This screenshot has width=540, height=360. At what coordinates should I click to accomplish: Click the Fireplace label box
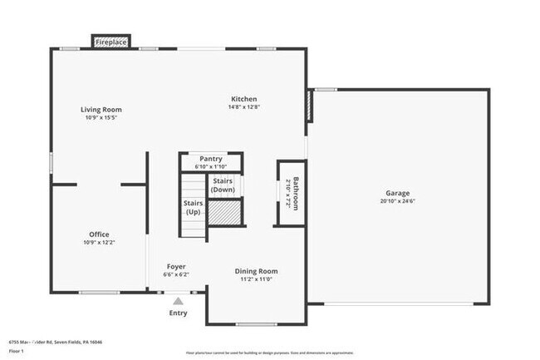pyautogui.click(x=110, y=42)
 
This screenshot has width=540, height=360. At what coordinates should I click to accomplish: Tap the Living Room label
pyautogui.click(x=101, y=110)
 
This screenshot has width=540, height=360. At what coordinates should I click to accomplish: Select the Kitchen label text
pyautogui.click(x=243, y=99)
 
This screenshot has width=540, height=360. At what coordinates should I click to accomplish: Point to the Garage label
pyautogui.click(x=397, y=193)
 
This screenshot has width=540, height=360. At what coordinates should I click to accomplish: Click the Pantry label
pyautogui.click(x=211, y=159)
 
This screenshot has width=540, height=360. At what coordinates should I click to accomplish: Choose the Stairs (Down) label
pyautogui.click(x=222, y=185)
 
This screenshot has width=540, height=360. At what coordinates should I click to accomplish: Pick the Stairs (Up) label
pyautogui.click(x=192, y=208)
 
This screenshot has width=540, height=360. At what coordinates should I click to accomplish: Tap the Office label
pyautogui.click(x=100, y=234)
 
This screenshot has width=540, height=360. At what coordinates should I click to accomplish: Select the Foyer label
pyautogui.click(x=175, y=266)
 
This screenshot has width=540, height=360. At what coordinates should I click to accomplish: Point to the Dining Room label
pyautogui.click(x=256, y=271)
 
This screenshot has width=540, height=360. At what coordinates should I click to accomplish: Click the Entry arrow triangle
pyautogui.click(x=178, y=300)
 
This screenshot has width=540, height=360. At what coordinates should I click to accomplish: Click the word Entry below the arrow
pyautogui.click(x=178, y=313)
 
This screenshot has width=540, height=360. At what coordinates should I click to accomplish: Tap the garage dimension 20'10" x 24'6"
pyautogui.click(x=397, y=201)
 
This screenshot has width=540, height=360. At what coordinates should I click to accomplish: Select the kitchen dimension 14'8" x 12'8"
pyautogui.click(x=243, y=107)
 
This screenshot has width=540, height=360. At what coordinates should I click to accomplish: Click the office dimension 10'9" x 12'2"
pyautogui.click(x=100, y=243)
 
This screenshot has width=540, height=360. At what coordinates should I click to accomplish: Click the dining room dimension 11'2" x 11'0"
pyautogui.click(x=256, y=279)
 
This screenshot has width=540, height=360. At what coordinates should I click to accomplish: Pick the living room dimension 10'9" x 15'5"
pyautogui.click(x=101, y=118)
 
